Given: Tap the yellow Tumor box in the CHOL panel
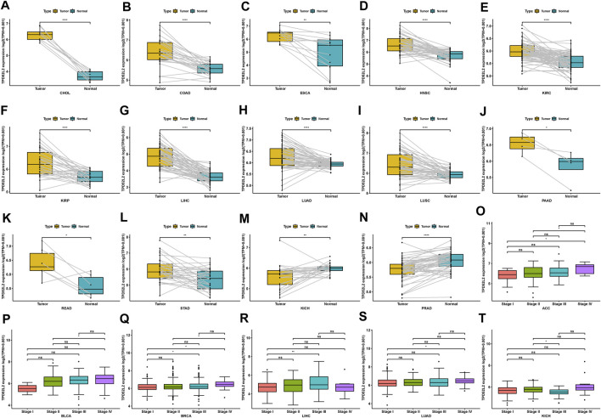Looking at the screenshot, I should click(40, 35).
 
